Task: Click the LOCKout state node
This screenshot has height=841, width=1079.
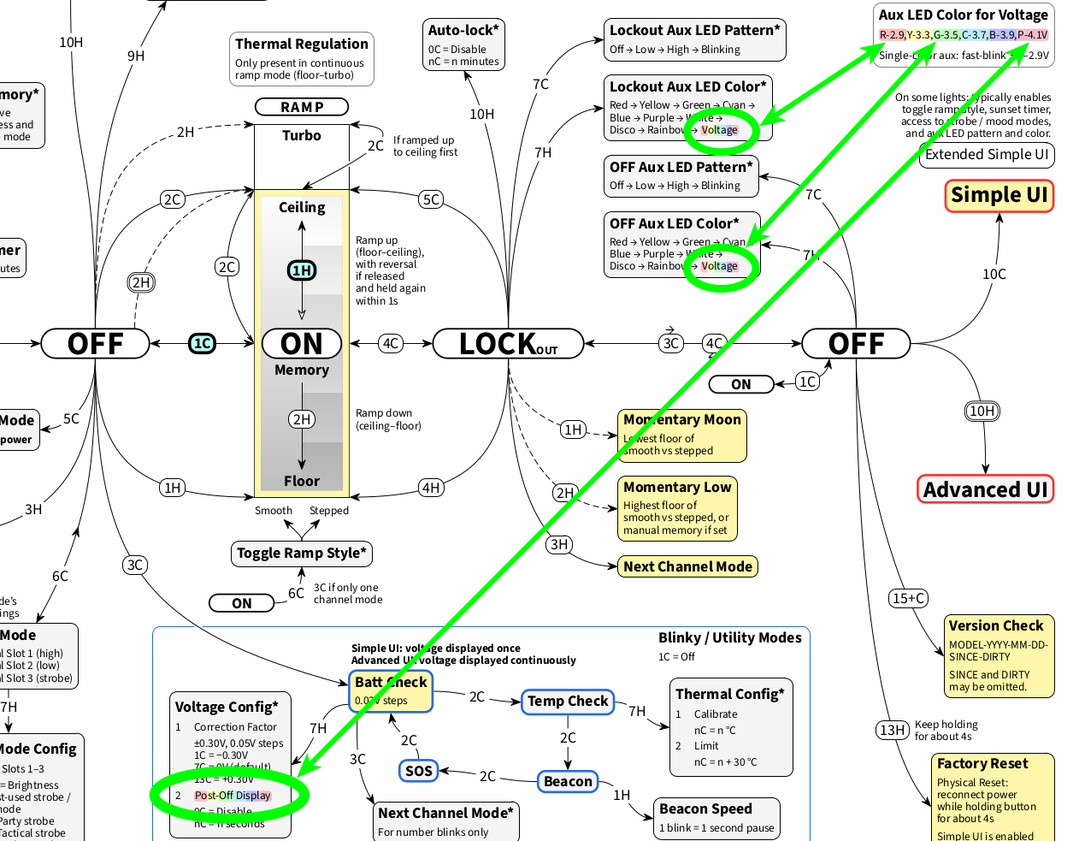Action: (x=508, y=344)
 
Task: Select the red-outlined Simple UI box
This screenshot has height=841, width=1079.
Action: (x=999, y=195)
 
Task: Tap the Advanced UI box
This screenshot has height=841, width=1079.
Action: (x=985, y=489)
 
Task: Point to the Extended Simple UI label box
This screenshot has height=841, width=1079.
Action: (x=987, y=155)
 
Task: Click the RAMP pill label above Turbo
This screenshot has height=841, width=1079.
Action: (x=302, y=107)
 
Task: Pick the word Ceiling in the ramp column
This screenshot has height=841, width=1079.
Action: (x=302, y=207)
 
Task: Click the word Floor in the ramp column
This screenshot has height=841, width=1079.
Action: (x=302, y=481)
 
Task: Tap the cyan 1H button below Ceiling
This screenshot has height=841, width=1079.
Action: (x=302, y=270)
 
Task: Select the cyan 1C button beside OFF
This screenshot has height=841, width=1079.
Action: (x=202, y=344)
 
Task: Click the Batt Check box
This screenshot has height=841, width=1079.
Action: (x=391, y=690)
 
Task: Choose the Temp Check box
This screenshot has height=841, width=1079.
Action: (x=568, y=702)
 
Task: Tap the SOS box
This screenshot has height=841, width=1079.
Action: (x=418, y=771)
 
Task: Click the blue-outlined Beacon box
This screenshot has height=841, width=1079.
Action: (x=568, y=781)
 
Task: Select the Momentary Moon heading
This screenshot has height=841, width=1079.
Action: (x=682, y=419)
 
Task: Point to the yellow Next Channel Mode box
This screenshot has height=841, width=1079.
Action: (x=687, y=566)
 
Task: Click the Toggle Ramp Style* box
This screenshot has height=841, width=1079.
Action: (x=301, y=554)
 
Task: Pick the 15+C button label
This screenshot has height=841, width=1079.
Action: (x=908, y=598)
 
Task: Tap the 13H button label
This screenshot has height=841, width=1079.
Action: (x=892, y=730)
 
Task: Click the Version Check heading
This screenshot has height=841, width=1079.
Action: (x=996, y=625)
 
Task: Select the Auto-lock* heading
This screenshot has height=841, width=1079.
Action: (x=463, y=31)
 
